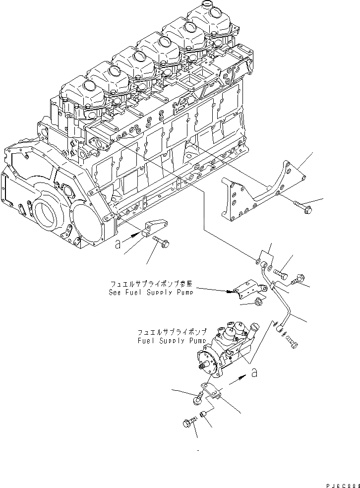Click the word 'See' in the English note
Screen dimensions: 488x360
[116, 292]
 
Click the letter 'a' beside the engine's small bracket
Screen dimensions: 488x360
[117, 244]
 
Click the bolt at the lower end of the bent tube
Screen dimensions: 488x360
[290, 341]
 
